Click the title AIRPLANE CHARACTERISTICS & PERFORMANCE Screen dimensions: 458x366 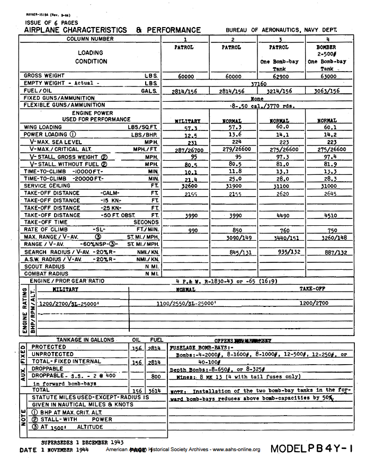(112, 30)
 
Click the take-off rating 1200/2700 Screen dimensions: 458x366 (314, 303)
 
